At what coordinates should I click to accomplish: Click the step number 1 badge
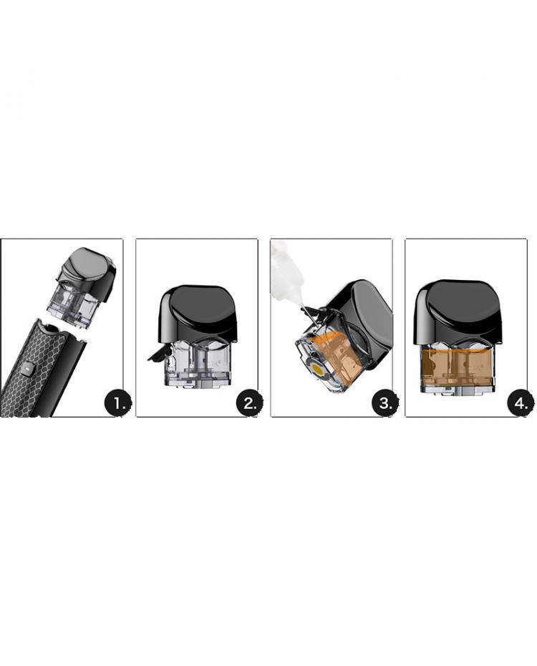click(x=117, y=403)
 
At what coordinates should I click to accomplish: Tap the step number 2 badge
click(x=250, y=403)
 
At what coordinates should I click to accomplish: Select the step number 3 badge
click(x=385, y=403)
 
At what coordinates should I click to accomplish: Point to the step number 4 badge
click(x=521, y=403)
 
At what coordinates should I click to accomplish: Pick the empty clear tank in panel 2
click(x=198, y=361)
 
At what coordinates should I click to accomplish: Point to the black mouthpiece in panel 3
click(x=361, y=317)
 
